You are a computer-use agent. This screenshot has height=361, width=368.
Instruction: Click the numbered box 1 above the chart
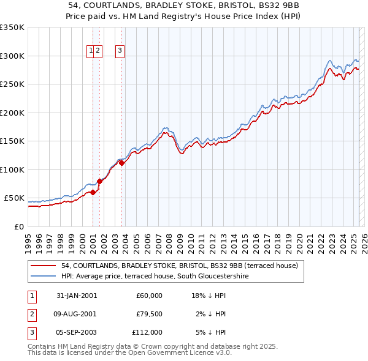tap(91, 51)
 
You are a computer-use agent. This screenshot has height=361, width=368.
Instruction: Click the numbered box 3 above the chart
tap(120, 51)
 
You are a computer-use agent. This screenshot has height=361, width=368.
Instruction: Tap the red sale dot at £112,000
tap(121, 163)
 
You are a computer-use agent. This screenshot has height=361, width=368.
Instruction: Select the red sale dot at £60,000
tap(93, 192)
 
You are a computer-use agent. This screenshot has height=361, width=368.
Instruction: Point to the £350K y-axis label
tap(12, 28)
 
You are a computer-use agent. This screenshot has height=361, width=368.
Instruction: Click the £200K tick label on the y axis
tap(12, 113)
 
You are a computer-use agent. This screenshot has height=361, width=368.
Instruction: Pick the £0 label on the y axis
tap(18, 226)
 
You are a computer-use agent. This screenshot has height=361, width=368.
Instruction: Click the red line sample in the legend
tap(43, 266)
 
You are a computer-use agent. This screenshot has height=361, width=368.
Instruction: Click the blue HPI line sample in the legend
tap(43, 277)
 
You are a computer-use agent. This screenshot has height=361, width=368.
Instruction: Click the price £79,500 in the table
tap(150, 314)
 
